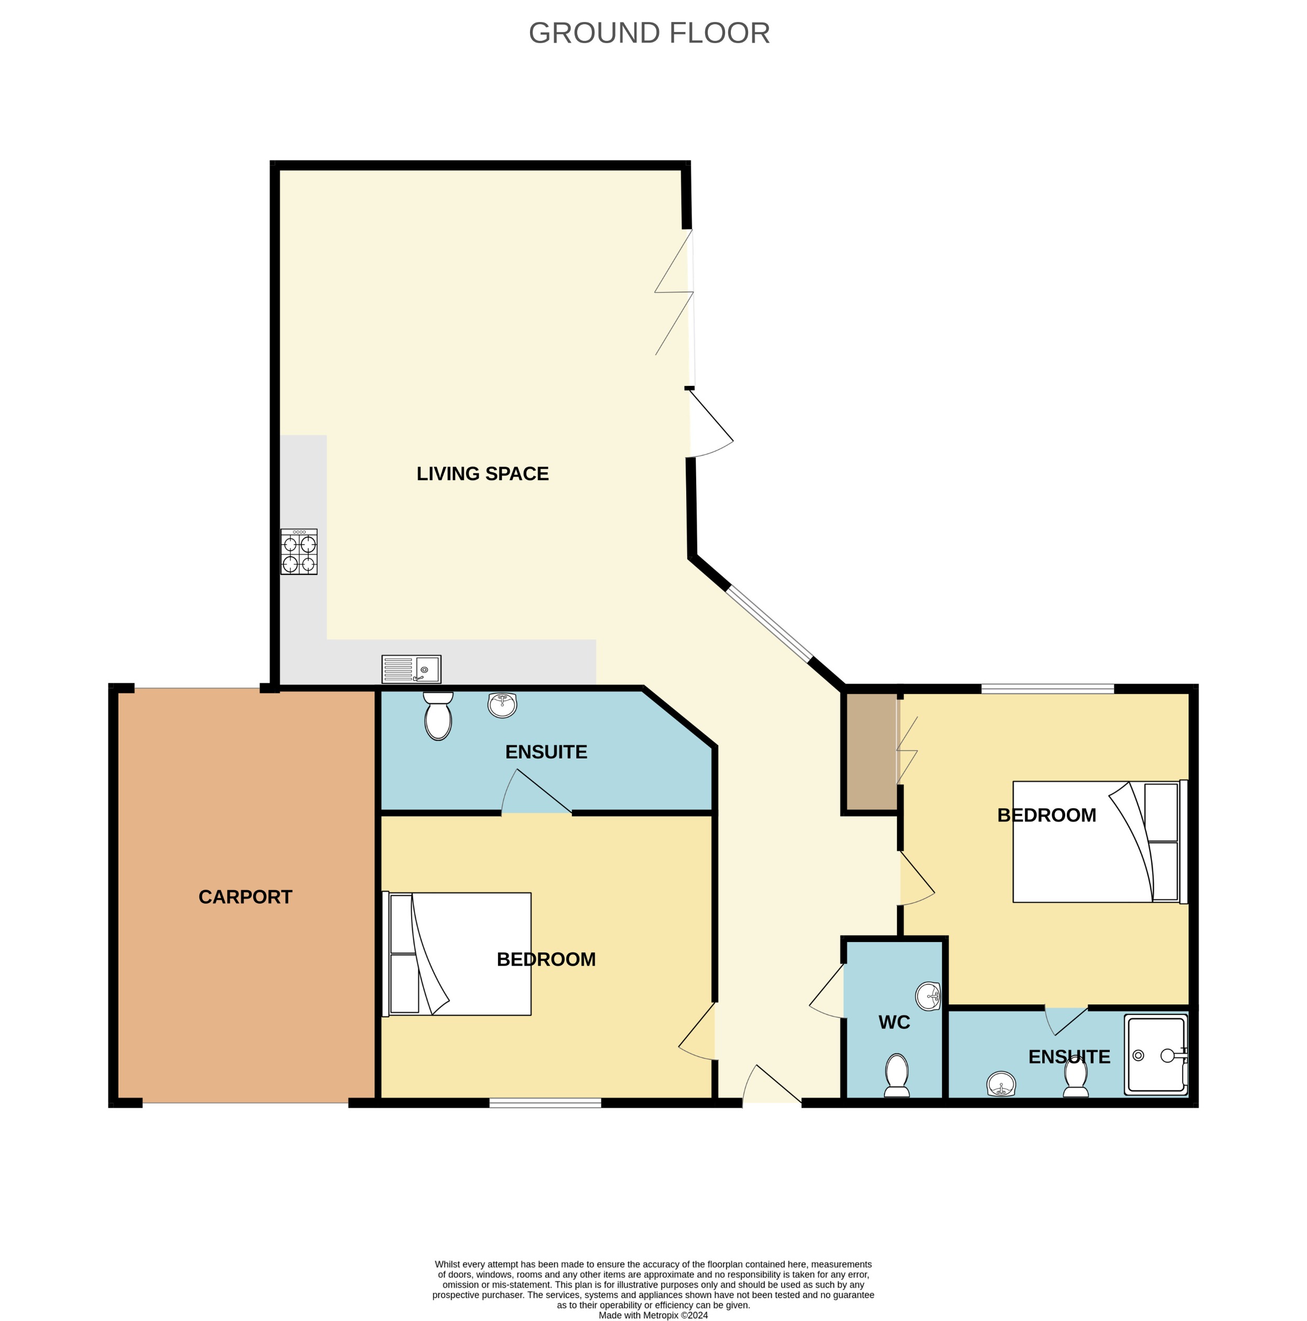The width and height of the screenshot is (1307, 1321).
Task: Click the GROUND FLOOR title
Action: pos(649,33)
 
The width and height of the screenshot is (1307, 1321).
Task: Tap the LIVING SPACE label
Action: pos(482,474)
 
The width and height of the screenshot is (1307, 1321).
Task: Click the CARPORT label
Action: pos(245,896)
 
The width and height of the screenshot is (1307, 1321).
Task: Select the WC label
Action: pos(893,1022)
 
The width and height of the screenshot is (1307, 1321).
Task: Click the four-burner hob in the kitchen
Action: pos(299,552)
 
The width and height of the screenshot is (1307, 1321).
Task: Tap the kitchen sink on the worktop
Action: pos(411,669)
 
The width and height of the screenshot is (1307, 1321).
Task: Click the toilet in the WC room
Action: pos(896,1076)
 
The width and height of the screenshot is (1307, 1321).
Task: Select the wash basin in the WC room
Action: pos(928,996)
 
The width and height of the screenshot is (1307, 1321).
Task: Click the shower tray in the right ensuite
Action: pos(1156,1056)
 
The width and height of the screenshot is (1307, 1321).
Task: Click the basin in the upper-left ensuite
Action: pos(502,705)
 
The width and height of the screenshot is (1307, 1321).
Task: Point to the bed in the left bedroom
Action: pos(457,955)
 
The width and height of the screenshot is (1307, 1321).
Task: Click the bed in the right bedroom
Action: pos(1098,842)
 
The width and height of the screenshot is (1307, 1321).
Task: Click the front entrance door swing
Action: pos(771,1085)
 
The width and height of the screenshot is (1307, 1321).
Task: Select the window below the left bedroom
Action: pos(545,1103)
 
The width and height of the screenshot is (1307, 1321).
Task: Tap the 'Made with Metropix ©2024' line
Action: pos(653,1315)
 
